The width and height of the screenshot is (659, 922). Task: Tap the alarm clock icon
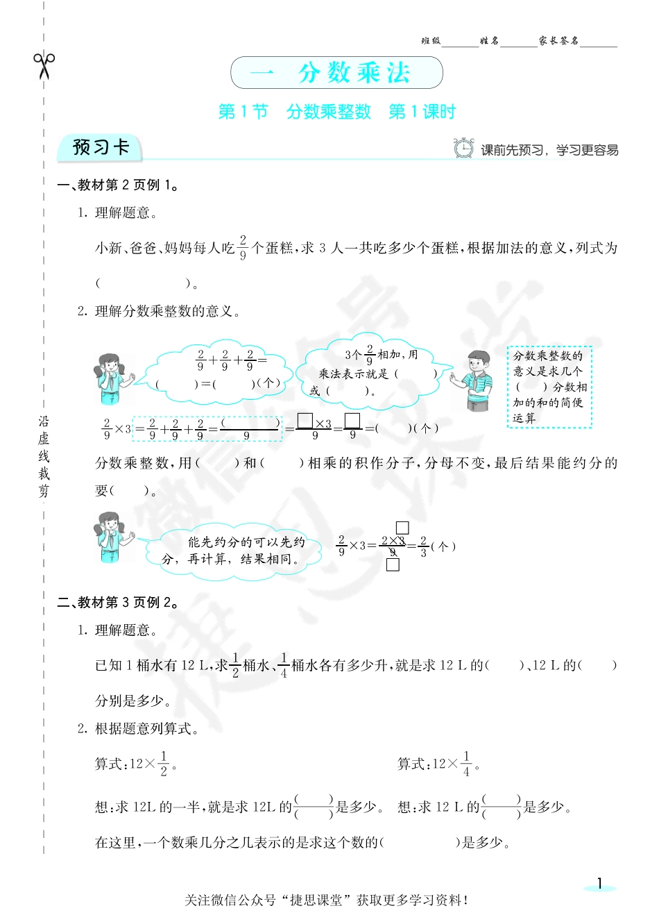click(463, 148)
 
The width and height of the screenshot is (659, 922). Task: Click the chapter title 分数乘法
click(354, 73)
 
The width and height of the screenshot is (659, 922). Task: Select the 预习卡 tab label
click(101, 148)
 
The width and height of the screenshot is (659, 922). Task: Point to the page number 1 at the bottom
click(600, 884)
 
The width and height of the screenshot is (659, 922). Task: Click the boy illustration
click(475, 380)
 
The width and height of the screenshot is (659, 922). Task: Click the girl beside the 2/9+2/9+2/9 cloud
click(111, 378)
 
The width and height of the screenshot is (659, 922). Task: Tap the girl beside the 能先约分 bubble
click(111, 537)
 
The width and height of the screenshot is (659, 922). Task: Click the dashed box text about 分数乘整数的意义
click(549, 387)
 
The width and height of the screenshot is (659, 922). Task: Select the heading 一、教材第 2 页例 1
click(119, 185)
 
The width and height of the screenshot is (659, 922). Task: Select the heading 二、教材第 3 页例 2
click(119, 603)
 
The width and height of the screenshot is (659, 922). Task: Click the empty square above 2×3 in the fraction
click(402, 528)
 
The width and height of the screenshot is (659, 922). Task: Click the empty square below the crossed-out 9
click(393, 564)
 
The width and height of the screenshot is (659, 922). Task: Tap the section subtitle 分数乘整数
click(329, 112)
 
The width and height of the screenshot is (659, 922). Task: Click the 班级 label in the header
click(431, 41)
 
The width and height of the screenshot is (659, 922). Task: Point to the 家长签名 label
click(558, 41)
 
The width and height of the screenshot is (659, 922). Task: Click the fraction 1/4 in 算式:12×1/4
click(466, 764)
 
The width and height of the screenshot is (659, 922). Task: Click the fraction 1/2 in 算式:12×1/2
click(164, 764)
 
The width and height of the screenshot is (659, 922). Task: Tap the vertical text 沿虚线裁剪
click(44, 456)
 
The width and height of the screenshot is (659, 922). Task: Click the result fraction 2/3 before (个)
click(423, 546)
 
